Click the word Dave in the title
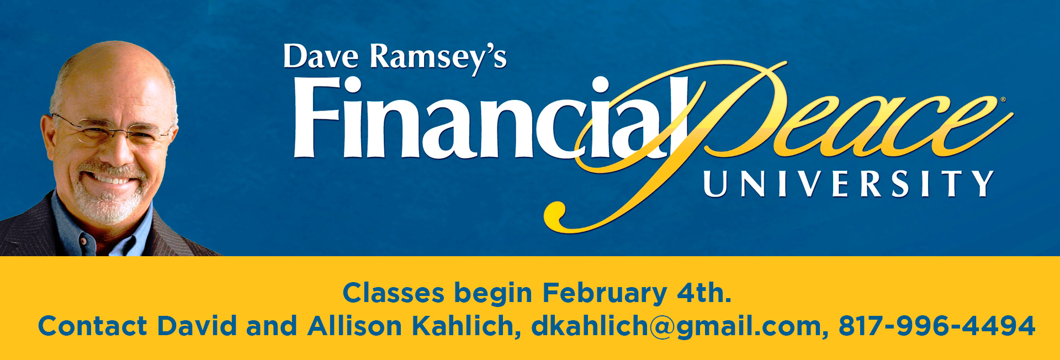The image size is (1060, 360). point(320,57)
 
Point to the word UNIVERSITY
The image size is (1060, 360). point(849,183)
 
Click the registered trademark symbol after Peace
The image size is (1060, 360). point(1003,100)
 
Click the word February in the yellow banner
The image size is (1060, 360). point(604,294)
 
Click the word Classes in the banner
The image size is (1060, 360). point(393,293)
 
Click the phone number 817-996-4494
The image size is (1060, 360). point(937,326)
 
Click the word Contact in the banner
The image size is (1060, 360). point(92,326)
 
